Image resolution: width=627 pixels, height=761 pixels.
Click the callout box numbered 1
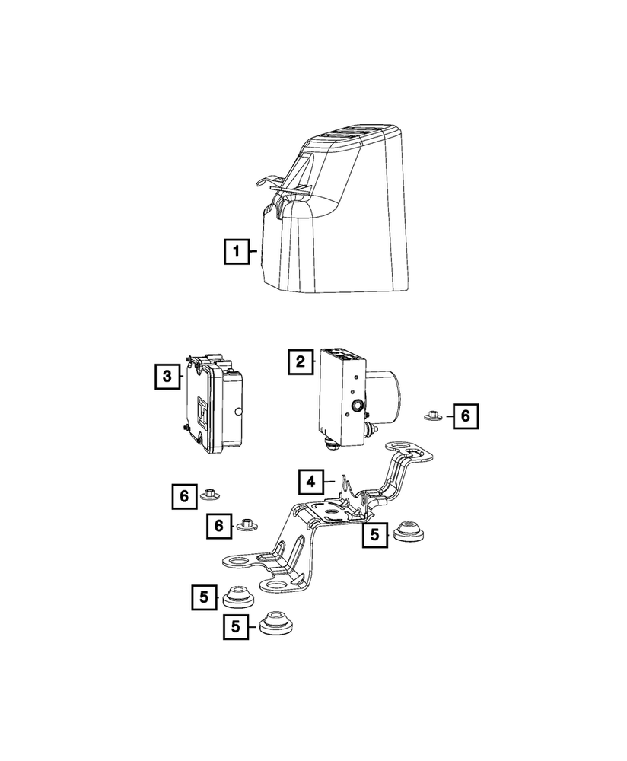pyautogui.click(x=237, y=251)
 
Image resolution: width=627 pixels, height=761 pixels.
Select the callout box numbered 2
pyautogui.click(x=301, y=361)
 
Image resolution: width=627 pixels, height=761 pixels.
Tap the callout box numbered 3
pyautogui.click(x=167, y=376)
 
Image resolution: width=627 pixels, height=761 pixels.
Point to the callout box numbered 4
pyautogui.click(x=310, y=482)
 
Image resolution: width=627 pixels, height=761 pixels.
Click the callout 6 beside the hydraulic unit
pyautogui.click(x=466, y=416)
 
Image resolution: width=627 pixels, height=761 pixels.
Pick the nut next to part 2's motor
pyautogui.click(x=431, y=416)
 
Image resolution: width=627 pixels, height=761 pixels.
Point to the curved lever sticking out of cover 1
pyautogui.click(x=268, y=182)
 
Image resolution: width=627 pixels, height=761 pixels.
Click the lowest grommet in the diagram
pyautogui.click(x=275, y=624)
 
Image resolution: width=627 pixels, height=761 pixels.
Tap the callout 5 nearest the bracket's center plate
pyautogui.click(x=374, y=535)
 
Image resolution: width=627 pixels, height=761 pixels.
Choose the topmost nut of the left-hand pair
pyautogui.click(x=209, y=495)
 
